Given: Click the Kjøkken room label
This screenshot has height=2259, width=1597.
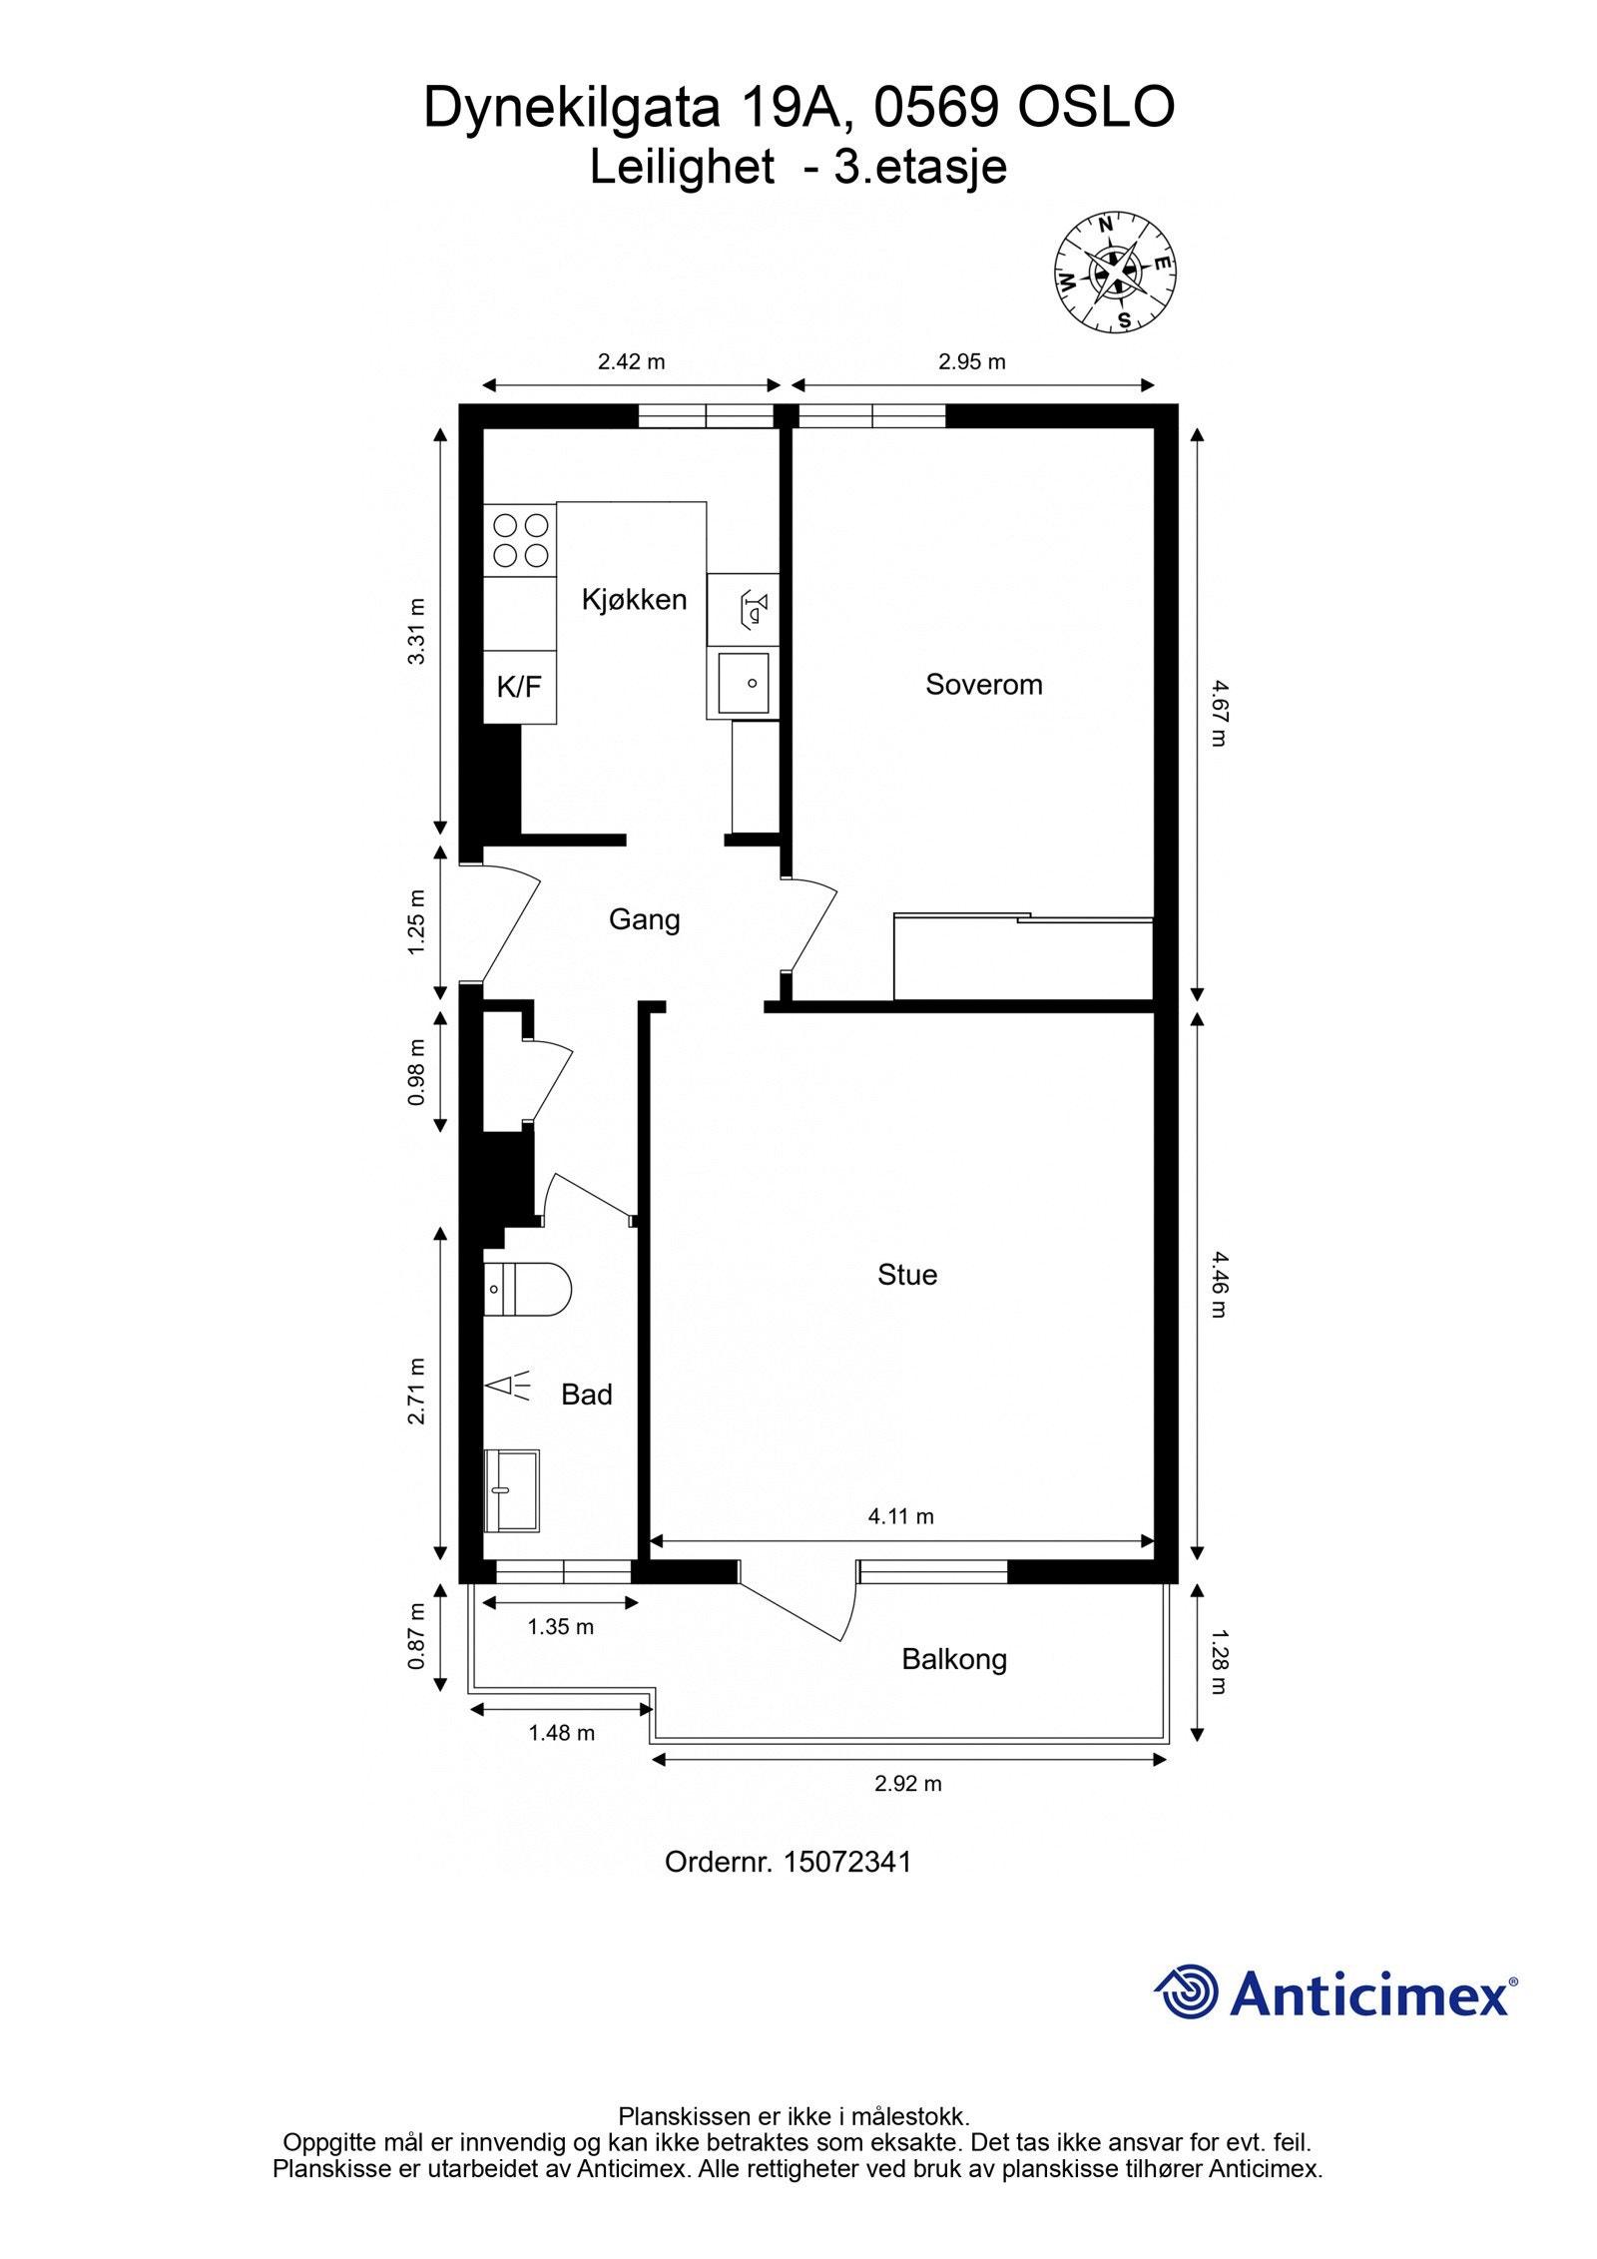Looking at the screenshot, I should pos(634,599).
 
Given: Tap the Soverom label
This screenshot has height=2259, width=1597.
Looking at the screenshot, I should pos(983,685).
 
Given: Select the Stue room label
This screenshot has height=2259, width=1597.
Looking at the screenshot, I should pos(906,1275).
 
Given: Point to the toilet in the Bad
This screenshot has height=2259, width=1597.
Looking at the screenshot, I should pos(527,1289).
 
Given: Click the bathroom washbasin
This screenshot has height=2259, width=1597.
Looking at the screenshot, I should pos(511,1490).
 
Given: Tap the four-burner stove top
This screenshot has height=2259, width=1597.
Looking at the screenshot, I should pos(520,540).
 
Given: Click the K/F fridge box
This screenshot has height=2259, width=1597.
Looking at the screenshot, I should pos(519,687).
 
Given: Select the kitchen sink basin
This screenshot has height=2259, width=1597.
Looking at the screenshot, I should pos(744,683).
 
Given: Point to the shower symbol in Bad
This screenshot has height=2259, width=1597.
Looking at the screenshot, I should pos(508,1386).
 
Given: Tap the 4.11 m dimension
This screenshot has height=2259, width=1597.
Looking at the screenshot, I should pos(900,1516).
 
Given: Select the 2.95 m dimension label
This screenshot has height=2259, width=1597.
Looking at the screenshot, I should pos(971,362).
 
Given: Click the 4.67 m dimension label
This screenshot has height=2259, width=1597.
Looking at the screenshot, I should pos(1219,713).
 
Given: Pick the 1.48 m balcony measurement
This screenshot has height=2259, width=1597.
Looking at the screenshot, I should pos(561,1733).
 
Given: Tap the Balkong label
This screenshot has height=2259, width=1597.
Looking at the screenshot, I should pos(953,1659).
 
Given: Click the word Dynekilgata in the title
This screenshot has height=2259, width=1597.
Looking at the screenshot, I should pos(571,107).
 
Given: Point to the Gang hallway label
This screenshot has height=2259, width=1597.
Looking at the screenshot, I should pos(644,919).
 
